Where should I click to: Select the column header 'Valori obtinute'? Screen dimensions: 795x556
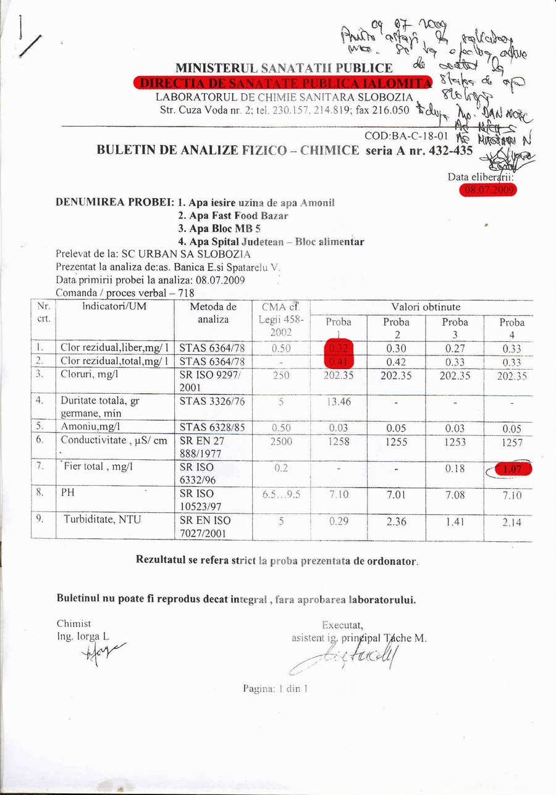coord(425,307)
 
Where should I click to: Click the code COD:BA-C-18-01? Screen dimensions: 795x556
coord(406,137)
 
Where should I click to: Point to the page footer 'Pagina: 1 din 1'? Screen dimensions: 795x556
coord(276,688)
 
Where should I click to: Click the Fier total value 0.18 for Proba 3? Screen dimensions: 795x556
coord(455,469)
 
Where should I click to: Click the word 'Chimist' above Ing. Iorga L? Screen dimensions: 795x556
coord(74,623)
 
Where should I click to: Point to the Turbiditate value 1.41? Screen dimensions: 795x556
coord(455,522)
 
